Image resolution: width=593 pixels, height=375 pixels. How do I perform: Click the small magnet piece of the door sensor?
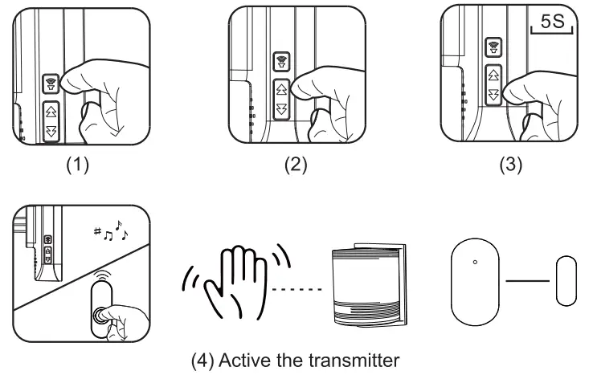[x=566, y=280]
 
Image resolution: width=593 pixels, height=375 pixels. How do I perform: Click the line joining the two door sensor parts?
[x=527, y=280]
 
